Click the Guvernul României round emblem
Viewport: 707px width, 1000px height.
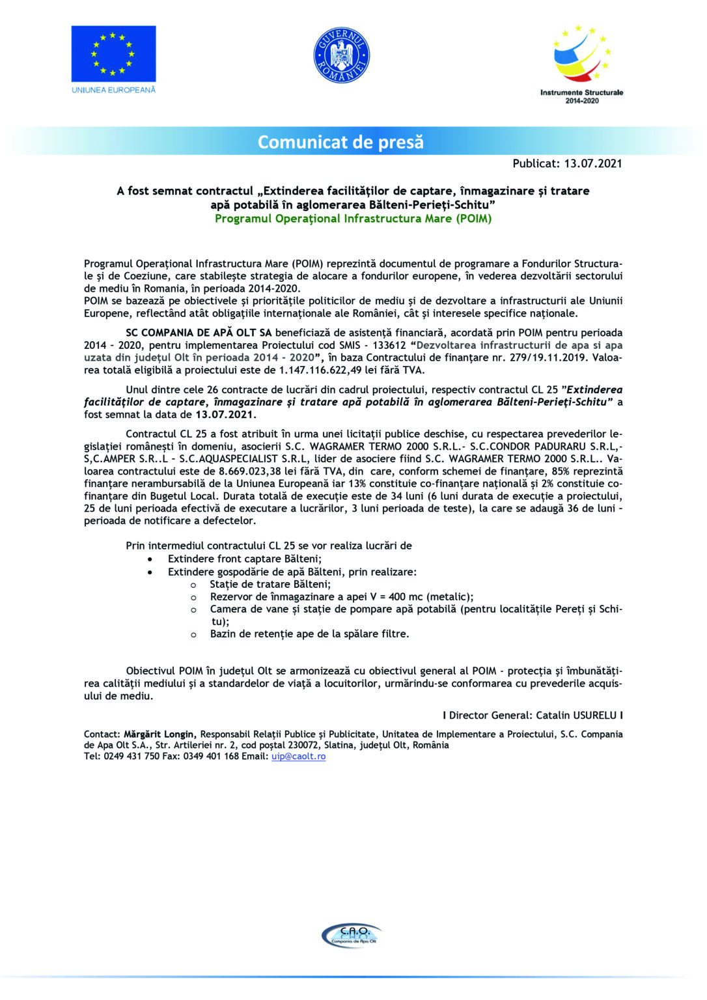342,55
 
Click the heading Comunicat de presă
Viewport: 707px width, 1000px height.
340,142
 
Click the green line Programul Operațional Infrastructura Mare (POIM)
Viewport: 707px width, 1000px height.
353,219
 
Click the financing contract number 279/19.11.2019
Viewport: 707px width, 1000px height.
546,357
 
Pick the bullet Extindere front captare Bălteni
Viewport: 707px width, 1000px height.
244,559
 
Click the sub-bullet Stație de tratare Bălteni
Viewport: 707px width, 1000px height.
270,584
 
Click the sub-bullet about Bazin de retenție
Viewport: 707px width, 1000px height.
309,633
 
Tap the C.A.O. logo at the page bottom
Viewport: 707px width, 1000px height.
352,936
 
